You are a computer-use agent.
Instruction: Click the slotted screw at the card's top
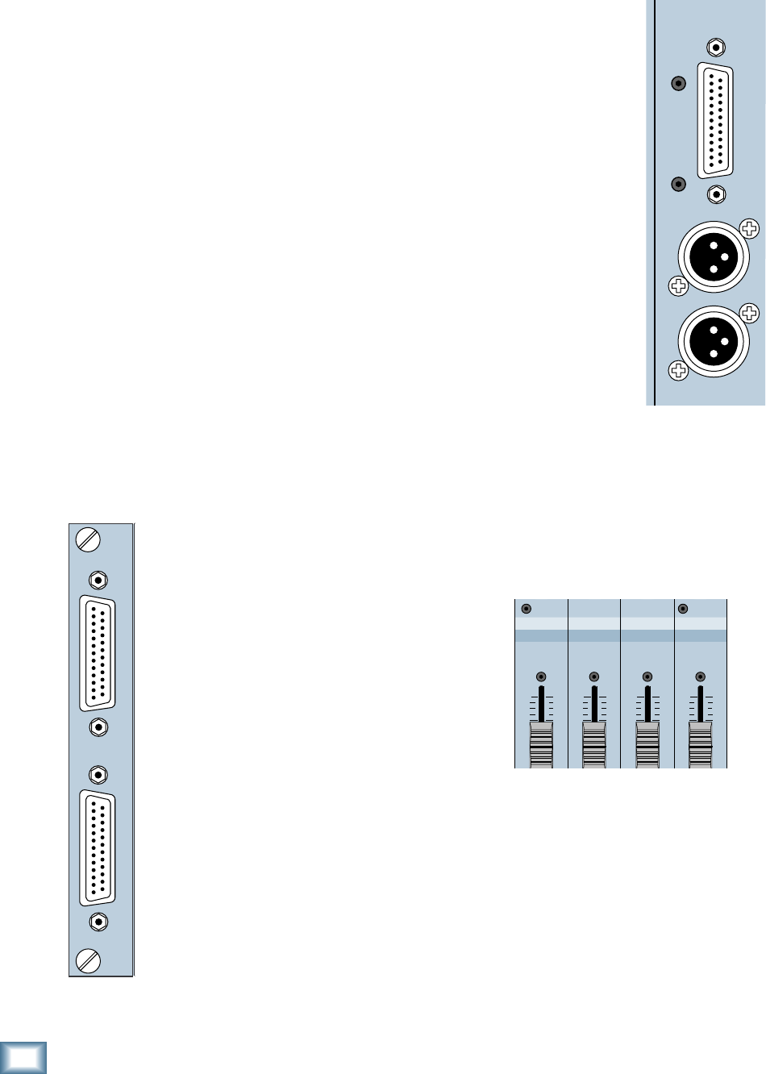point(87,539)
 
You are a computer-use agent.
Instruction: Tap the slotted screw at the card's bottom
point(87,960)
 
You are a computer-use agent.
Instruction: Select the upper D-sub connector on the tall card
point(98,654)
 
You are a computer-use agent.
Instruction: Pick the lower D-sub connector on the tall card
point(98,848)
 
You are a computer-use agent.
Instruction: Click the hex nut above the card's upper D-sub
point(98,580)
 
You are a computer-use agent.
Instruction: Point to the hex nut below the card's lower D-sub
point(98,922)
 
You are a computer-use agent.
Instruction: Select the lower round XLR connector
point(714,341)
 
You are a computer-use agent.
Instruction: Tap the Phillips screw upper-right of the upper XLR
point(751,228)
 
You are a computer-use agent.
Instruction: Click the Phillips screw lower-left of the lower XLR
point(678,370)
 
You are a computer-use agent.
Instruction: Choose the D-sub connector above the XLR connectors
point(715,120)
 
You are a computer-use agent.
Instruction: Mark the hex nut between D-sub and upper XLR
point(716,194)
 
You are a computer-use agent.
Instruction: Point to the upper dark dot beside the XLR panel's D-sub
point(679,82)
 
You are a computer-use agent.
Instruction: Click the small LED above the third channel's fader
point(647,677)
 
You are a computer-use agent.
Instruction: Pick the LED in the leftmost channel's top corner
point(527,609)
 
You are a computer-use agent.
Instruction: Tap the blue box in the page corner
point(23,1057)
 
